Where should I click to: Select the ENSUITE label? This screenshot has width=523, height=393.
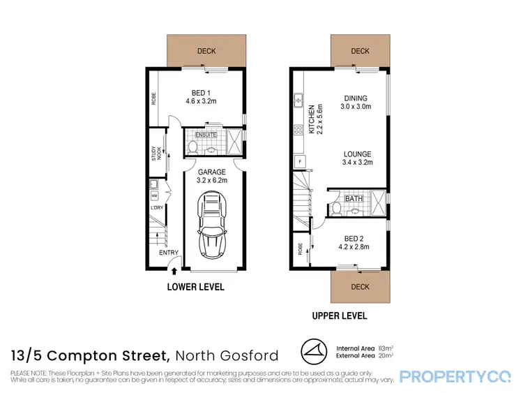(x=206, y=134)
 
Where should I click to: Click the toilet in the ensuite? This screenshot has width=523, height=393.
(x=193, y=147)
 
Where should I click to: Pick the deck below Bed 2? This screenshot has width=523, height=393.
(x=360, y=287)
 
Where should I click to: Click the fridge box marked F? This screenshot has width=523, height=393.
(x=300, y=161)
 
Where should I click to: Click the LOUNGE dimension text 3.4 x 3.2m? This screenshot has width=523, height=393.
(x=356, y=162)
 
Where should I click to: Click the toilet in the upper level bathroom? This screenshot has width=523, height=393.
(x=335, y=208)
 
